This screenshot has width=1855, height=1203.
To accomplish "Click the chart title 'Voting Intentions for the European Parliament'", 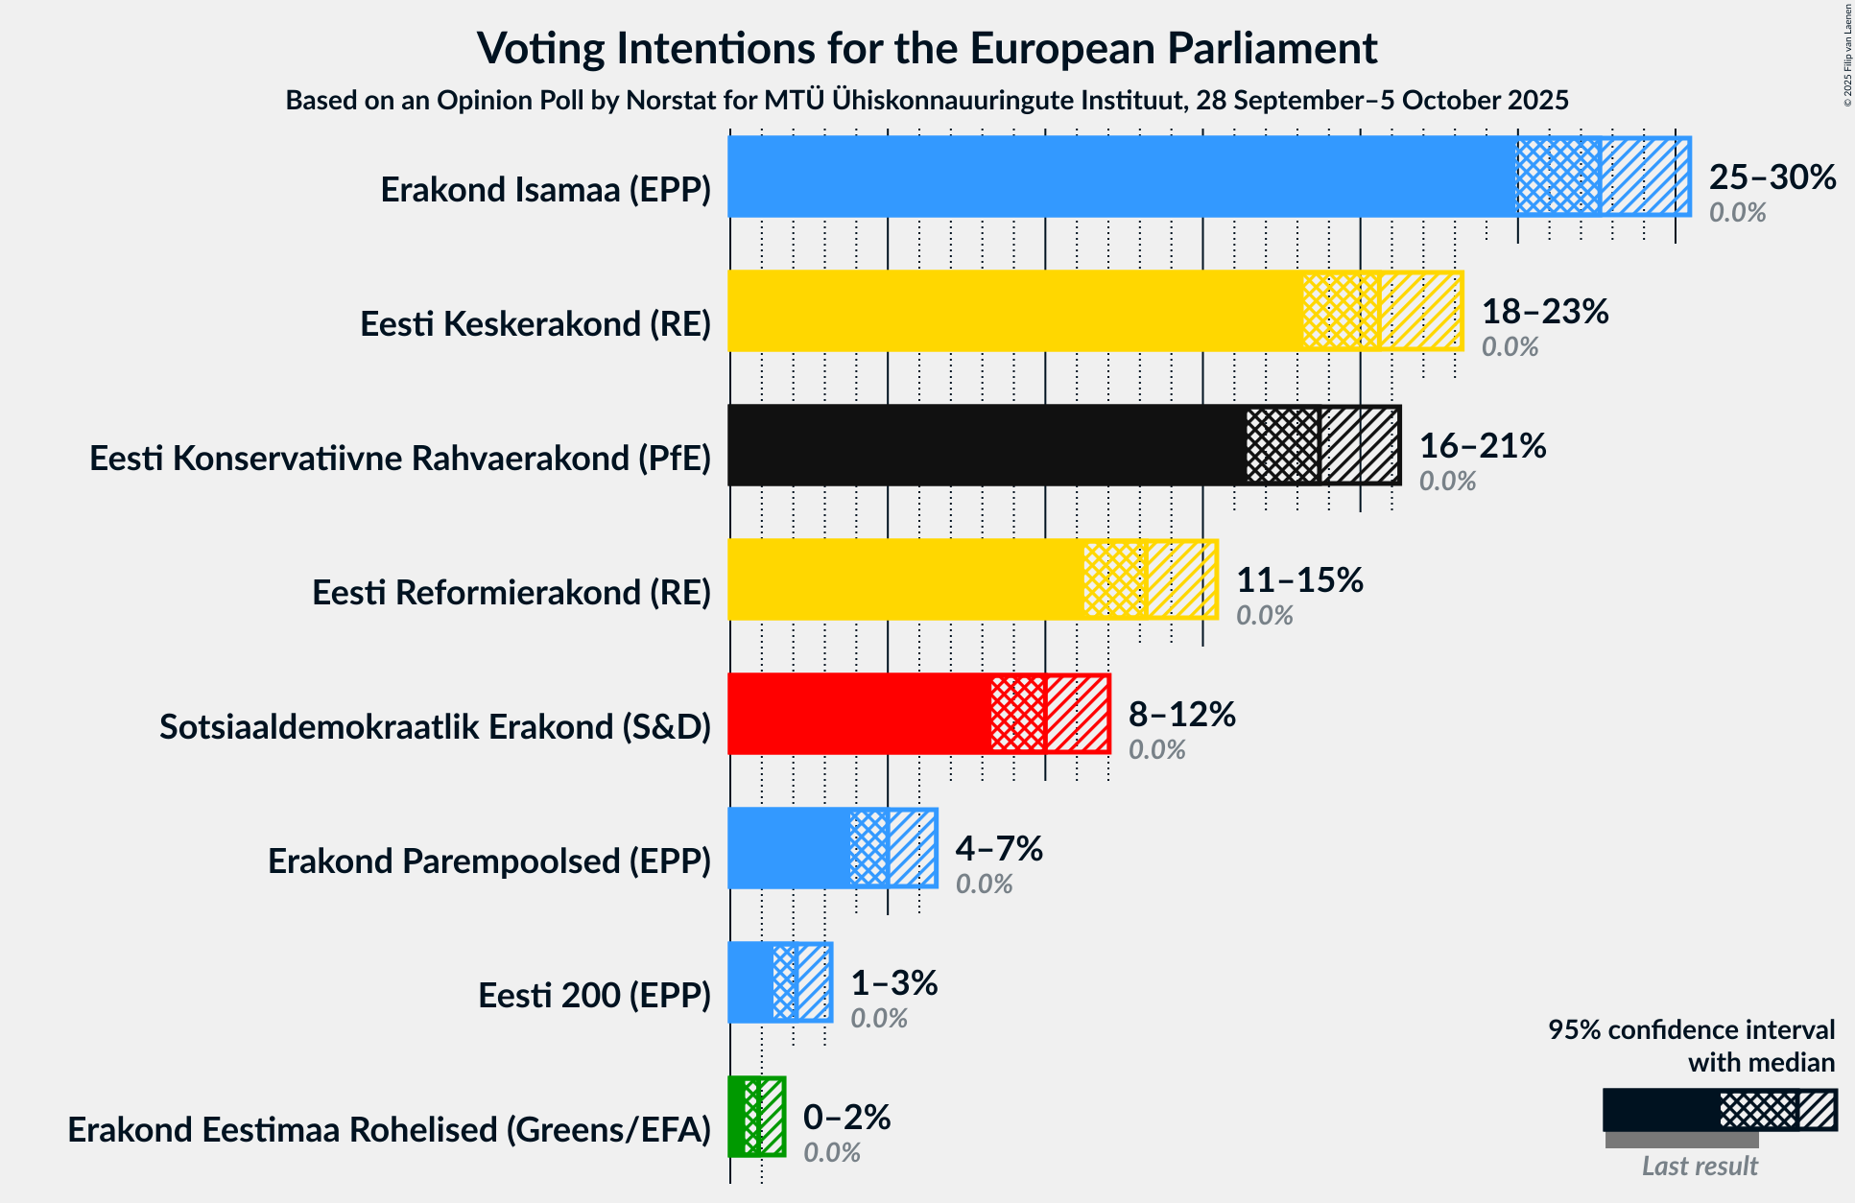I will tap(927, 48).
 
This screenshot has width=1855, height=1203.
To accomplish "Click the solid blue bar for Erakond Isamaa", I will tap(1121, 177).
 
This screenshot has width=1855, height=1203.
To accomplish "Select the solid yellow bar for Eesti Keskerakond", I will tap(1015, 311).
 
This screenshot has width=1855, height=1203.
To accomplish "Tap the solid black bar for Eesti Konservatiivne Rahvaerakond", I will tap(987, 445).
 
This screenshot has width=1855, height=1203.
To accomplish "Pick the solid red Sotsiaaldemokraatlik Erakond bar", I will tap(859, 714).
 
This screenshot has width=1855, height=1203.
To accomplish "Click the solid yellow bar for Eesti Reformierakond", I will tap(905, 579).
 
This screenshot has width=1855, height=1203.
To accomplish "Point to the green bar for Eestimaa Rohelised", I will tap(737, 1117).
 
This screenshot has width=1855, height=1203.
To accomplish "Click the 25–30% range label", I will tap(1772, 177).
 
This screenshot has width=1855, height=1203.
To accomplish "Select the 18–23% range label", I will tap(1544, 312).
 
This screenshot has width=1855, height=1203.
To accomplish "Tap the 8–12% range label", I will tap(1181, 715).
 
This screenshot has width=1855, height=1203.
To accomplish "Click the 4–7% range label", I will tap(998, 849).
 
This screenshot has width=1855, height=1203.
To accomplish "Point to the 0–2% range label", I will tap(846, 1118).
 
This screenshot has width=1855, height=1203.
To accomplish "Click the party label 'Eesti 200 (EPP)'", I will tap(594, 996).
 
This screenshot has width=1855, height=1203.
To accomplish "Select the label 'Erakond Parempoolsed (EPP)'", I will tap(488, 861).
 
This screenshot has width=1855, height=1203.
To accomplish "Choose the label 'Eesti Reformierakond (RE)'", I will tap(511, 593).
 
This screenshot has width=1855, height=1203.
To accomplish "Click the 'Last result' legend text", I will tap(1699, 1166).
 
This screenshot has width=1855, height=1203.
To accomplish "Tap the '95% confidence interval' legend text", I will tap(1691, 1030).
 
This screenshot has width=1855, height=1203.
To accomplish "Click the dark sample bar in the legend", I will tap(1660, 1110).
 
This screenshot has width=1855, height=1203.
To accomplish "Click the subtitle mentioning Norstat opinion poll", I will tap(927, 100).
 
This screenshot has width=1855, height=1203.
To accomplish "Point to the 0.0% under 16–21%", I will tap(1447, 481).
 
